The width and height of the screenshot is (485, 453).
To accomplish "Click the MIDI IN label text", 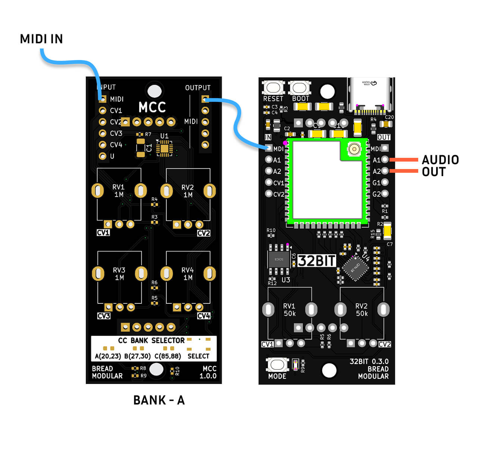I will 41,39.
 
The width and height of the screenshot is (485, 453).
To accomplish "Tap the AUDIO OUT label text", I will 440,166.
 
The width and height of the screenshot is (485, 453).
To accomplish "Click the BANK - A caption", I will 159,400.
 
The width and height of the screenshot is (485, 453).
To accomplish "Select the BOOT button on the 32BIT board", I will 300,88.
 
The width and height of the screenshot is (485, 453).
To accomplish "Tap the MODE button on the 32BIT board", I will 277,364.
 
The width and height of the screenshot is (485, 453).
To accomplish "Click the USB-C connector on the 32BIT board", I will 370,95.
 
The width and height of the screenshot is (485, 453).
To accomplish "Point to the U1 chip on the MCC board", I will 164,148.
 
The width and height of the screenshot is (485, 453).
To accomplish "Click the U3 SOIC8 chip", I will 279,259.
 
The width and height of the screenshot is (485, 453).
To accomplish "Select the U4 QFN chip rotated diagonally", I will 355,267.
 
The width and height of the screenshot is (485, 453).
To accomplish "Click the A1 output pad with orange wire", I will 385,160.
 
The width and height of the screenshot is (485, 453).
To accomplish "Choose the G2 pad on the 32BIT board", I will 385,194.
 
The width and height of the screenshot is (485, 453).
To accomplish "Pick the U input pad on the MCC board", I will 103,156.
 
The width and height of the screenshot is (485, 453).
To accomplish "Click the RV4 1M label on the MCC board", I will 188,274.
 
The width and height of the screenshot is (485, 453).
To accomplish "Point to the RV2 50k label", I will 362,310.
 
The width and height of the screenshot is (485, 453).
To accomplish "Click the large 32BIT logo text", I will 317,260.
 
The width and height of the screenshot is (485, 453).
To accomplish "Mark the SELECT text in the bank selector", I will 198,356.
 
